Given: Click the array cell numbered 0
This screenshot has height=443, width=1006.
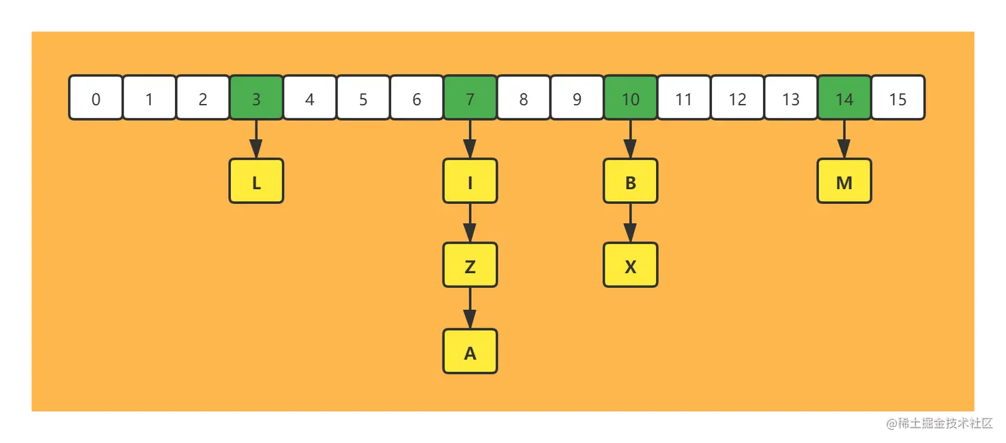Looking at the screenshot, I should point(96,98).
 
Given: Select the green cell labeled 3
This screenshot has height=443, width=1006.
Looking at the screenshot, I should point(256,98).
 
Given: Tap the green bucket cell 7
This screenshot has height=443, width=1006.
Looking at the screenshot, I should point(470,98).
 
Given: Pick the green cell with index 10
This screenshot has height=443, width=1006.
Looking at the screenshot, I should point(630,98).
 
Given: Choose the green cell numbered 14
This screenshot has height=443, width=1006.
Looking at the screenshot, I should point(844,98).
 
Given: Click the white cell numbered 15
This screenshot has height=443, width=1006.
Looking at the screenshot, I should point(898,98).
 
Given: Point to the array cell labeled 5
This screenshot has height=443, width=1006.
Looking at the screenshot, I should point(363,98).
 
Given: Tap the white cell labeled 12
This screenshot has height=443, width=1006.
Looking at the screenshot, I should point(737,98).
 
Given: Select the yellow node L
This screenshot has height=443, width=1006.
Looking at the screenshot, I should point(256,181).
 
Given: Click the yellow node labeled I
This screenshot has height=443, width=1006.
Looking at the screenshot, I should point(470,181).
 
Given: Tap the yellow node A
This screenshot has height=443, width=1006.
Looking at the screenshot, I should point(470,351).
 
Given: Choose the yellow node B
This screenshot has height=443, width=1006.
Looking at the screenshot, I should point(630,181).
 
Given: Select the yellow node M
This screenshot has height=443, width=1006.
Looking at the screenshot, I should point(844,181).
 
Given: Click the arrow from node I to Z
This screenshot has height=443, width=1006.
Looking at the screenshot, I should point(470,222).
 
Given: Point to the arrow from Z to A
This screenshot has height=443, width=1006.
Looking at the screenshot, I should point(470,308).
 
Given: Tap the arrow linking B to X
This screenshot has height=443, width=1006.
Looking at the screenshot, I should point(630,222).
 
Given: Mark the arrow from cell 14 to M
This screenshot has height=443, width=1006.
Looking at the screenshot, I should point(844,139).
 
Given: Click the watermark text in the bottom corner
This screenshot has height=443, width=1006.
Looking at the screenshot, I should point(938,422).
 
